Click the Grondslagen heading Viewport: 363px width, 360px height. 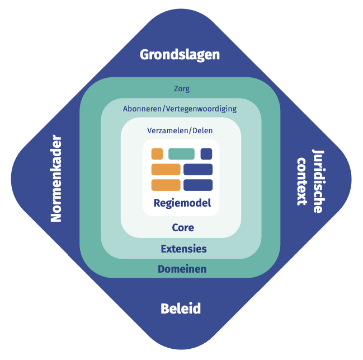[180, 54]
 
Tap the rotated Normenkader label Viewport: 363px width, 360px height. [56, 179]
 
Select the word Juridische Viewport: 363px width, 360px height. [317, 181]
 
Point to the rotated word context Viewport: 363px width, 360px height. [302, 181]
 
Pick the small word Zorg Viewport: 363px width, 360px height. [182, 88]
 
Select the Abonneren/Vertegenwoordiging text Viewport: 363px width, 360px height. [180, 109]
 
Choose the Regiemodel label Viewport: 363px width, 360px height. [182, 203]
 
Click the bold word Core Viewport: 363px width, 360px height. [182, 228]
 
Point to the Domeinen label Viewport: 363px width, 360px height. [182, 269]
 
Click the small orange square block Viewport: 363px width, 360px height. [157, 153]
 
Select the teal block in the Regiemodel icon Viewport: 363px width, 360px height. [181, 153]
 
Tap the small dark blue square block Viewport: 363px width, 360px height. [206, 153]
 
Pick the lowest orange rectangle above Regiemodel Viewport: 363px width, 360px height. [166, 185]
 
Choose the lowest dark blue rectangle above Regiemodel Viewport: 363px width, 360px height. [198, 185]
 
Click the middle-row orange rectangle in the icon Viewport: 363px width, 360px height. [166, 170]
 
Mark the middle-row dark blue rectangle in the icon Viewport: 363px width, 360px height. [198, 170]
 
